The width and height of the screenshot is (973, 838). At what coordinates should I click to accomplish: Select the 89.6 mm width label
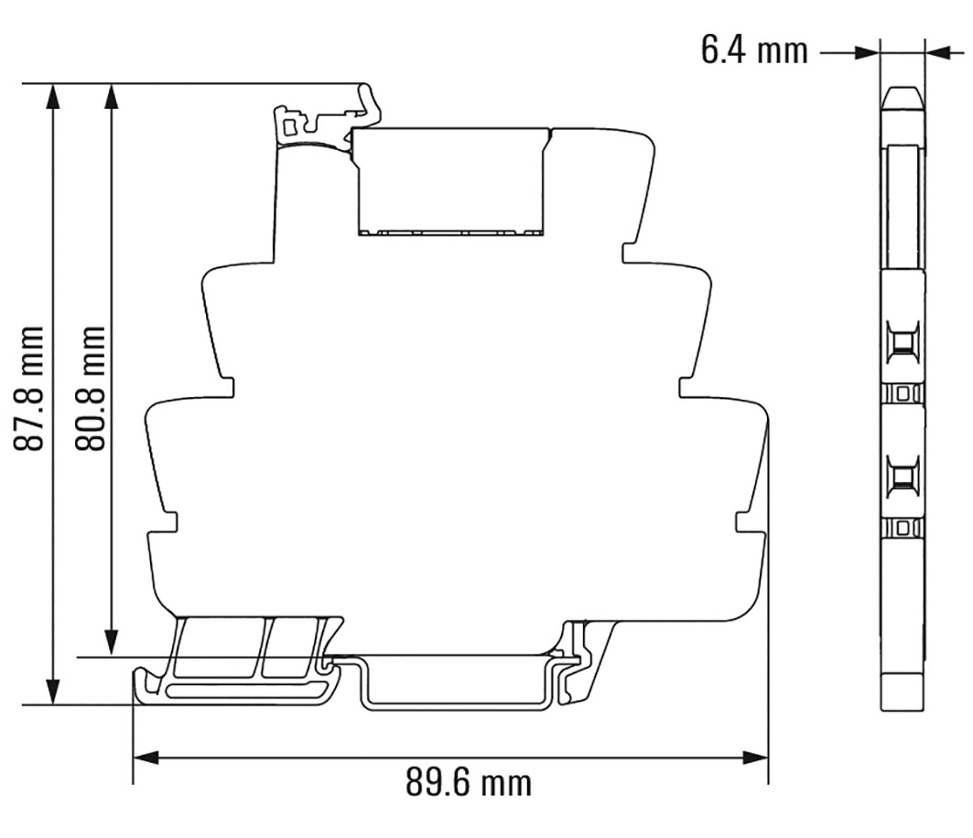tap(468, 784)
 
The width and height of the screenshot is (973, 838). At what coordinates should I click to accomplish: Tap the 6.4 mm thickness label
tap(754, 50)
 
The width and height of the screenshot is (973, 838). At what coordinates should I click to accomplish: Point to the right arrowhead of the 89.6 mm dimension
tap(755, 757)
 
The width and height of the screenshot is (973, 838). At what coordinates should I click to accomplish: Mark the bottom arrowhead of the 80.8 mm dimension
tap(112, 644)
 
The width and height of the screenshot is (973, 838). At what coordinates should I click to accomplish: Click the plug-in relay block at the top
tap(452, 181)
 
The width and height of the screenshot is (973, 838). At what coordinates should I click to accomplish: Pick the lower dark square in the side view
tap(903, 477)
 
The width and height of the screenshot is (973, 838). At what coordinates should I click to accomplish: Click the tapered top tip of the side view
tap(903, 96)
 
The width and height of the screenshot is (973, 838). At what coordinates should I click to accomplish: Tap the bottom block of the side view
tap(903, 692)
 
